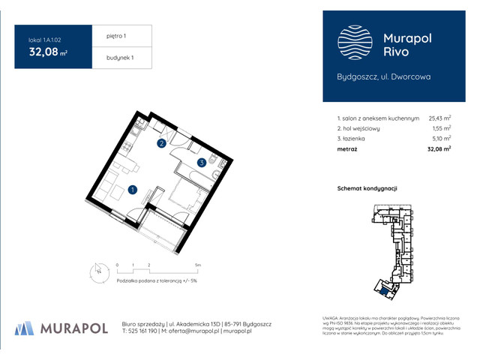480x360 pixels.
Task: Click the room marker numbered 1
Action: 133,190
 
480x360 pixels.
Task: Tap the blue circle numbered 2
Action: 161,142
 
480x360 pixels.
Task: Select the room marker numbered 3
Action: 202,162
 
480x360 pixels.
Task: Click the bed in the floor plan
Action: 183,196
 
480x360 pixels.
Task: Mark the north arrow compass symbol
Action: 96,271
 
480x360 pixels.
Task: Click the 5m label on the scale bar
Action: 196,265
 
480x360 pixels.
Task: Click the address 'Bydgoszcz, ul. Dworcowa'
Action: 382,76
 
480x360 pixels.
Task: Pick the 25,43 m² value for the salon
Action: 439,118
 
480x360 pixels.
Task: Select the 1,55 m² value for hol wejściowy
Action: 442,128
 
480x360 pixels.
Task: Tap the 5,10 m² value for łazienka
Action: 442,139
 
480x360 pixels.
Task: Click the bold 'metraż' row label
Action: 347,150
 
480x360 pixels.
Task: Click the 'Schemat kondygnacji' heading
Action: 367,188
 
